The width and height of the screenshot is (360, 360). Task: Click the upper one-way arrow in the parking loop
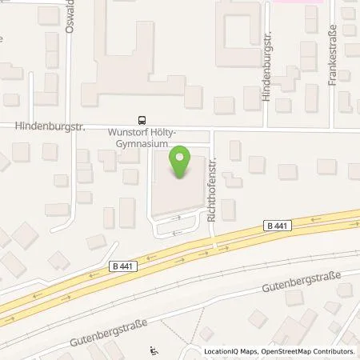point(178,218)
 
